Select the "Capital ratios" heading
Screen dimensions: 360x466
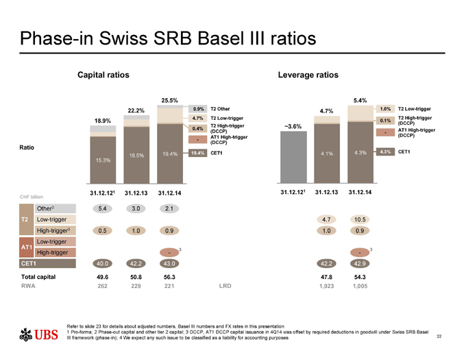[x=103, y=73]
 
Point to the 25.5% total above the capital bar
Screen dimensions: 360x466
[x=169, y=101]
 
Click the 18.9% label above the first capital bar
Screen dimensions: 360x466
[x=103, y=121]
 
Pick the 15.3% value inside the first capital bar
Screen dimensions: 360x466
[x=103, y=159]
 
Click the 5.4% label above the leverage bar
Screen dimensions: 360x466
[x=360, y=101]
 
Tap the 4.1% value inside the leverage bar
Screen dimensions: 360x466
[x=326, y=154]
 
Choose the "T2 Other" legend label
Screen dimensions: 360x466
[x=220, y=109]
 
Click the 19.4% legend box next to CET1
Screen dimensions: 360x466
[x=198, y=153]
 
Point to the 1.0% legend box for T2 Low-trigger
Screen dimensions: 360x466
[x=385, y=109]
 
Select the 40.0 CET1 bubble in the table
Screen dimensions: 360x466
[x=103, y=263]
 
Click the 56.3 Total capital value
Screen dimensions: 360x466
[x=169, y=277]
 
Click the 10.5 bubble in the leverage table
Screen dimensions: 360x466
[x=360, y=220]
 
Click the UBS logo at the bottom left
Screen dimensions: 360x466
[x=38, y=335]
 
